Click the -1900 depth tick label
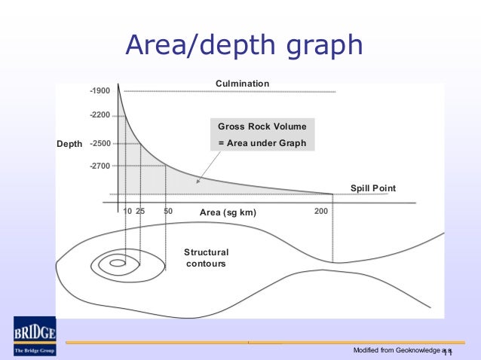[x=100, y=91]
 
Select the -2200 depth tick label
[x=100, y=115]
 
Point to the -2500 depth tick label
[x=100, y=143]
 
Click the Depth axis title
[x=70, y=143]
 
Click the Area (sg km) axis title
[x=228, y=213]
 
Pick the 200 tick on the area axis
[x=320, y=212]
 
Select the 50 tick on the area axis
[x=168, y=212]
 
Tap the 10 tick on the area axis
[x=127, y=212]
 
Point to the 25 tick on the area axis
[x=140, y=212]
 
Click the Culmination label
[x=242, y=83]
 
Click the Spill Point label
[x=372, y=188]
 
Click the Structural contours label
[x=206, y=258]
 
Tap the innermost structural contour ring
[x=117, y=264]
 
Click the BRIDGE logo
[x=33, y=336]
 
